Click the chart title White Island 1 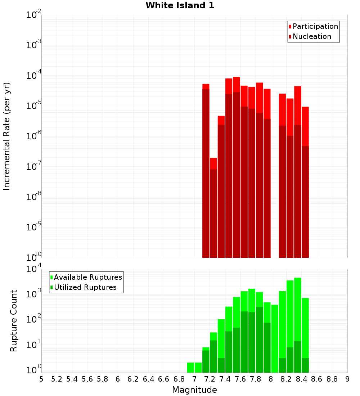(180, 6)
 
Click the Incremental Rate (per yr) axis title (7, 136)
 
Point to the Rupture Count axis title (14, 321)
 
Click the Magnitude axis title (194, 390)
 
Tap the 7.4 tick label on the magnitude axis (225, 379)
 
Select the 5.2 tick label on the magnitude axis (57, 379)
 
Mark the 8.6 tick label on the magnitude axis (317, 379)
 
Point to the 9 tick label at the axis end (347, 379)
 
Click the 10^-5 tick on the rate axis (33, 106)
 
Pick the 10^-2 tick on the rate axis (33, 15)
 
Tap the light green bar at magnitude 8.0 (275, 338)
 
